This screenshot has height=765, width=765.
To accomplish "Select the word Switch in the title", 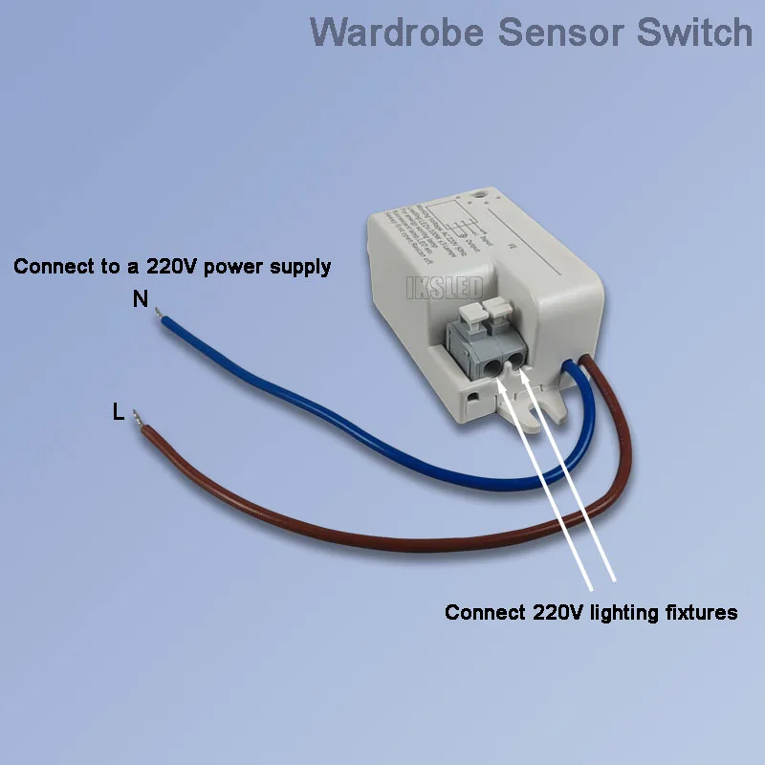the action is [x=696, y=31].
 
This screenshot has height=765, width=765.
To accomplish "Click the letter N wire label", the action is [x=141, y=299].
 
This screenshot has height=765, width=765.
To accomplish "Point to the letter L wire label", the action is [x=118, y=413].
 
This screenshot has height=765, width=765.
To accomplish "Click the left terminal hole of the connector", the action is [x=495, y=364].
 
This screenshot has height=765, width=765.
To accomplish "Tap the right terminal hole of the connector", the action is [x=518, y=360].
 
